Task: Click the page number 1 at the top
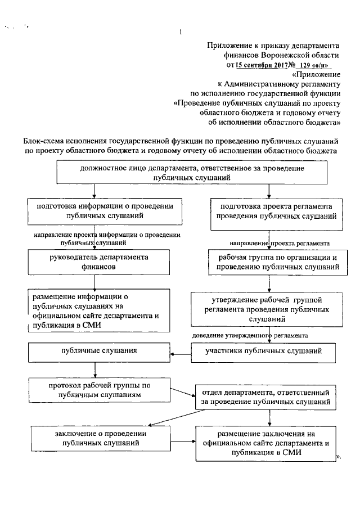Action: [x=180, y=32]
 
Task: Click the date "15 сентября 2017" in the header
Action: [x=262, y=65]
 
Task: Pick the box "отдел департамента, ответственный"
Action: [x=265, y=397]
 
